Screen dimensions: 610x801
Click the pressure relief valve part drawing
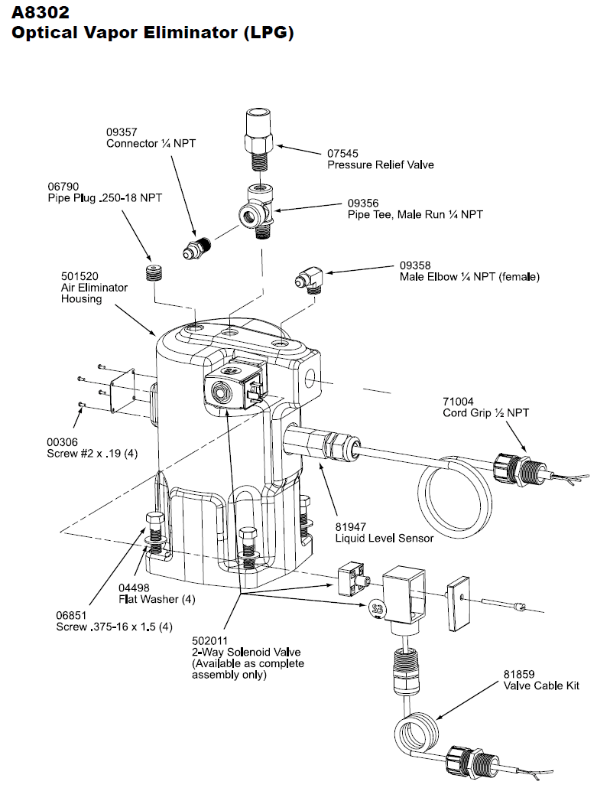click(x=259, y=142)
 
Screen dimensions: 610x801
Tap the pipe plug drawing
click(x=154, y=273)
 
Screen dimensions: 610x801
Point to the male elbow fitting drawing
click(x=310, y=281)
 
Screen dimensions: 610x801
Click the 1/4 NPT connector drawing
click(x=197, y=247)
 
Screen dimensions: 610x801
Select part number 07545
click(x=342, y=153)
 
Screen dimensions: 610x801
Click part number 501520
click(x=79, y=276)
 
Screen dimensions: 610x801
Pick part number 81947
click(x=351, y=526)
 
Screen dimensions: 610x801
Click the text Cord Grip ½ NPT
click(x=485, y=413)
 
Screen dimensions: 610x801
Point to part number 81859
click(x=519, y=674)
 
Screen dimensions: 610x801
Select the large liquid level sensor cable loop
click(x=456, y=494)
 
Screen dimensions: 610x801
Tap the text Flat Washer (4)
click(x=157, y=599)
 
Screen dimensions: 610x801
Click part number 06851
click(x=71, y=616)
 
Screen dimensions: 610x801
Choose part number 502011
click(x=209, y=640)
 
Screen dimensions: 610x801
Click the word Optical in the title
click(x=42, y=33)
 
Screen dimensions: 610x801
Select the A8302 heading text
click(x=41, y=11)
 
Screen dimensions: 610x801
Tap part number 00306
click(x=62, y=442)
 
